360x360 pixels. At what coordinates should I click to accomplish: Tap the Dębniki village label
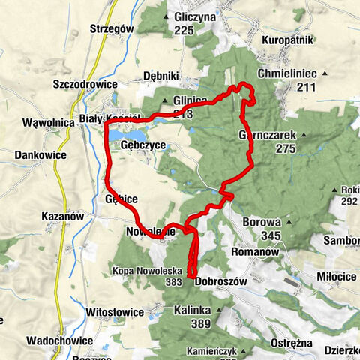pyautogui.click(x=160, y=76)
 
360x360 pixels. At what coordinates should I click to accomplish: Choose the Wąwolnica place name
pyautogui.click(x=46, y=121)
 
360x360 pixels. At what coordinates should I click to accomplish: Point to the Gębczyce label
pyautogui.click(x=142, y=146)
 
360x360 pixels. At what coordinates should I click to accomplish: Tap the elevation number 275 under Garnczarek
pyautogui.click(x=285, y=149)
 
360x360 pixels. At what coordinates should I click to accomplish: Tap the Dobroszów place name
pyautogui.click(x=220, y=281)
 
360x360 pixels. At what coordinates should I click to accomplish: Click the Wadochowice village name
pyautogui.click(x=61, y=340)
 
